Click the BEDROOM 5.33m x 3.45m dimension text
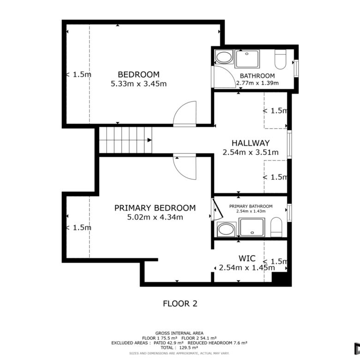coord(138,84)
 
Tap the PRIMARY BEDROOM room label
coord(155,208)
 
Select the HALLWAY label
coord(251,143)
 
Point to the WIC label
coord(247,258)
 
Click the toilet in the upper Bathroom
coord(280,59)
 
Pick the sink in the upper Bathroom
coord(224,57)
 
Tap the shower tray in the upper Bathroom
coord(247,59)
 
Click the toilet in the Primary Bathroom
coord(276,227)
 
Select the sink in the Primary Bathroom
coord(226,229)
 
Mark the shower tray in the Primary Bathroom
coord(252,227)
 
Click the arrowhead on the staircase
coord(150,140)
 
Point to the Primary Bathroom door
coord(218,209)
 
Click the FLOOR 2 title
coord(180,304)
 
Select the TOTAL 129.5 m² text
coord(180,348)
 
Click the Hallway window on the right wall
coord(289,144)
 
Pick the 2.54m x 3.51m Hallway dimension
coord(251,152)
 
